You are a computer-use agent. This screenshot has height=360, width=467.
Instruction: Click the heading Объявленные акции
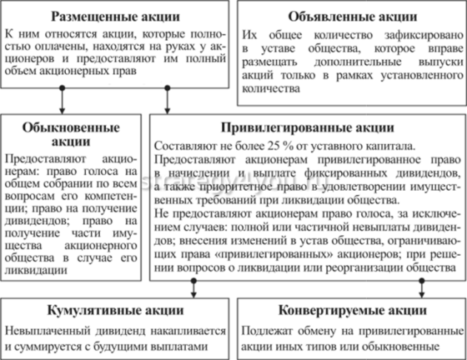click(349, 16)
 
